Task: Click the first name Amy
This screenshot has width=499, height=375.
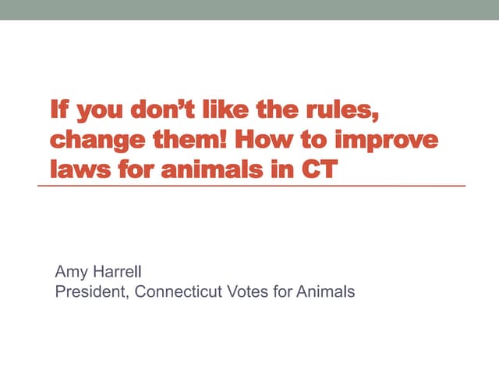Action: point(69,273)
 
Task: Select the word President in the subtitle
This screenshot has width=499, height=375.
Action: point(88,292)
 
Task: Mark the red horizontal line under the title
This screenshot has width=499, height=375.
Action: point(257,186)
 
